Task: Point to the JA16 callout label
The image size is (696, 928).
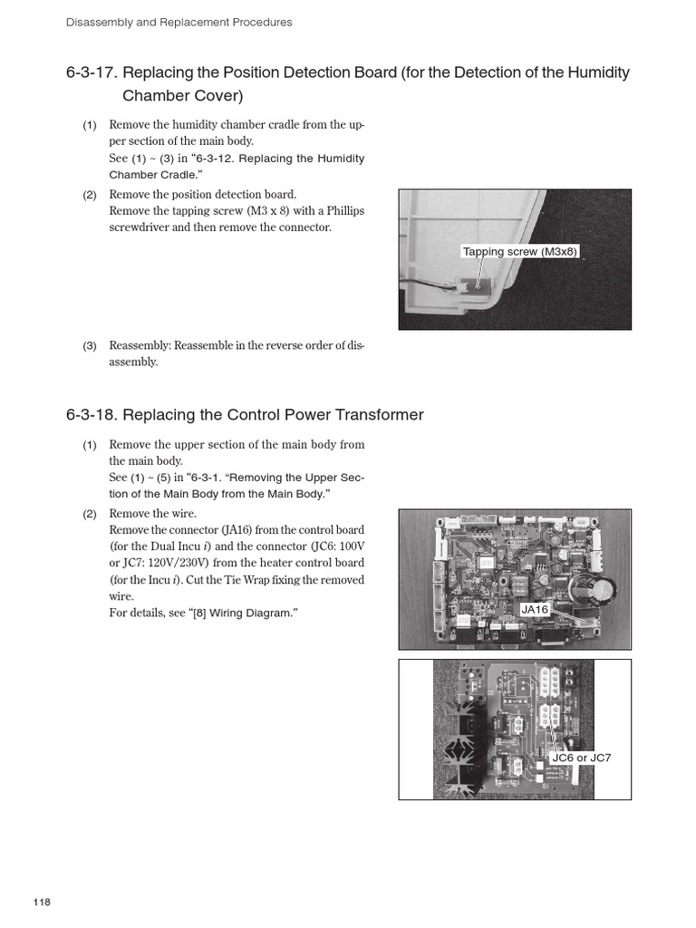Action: (535, 610)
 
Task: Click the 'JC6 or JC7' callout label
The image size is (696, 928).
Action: (581, 757)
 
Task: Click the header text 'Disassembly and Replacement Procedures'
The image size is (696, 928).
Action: (179, 22)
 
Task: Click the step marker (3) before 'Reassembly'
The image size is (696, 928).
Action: (90, 346)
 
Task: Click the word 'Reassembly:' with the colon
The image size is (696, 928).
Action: (140, 346)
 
